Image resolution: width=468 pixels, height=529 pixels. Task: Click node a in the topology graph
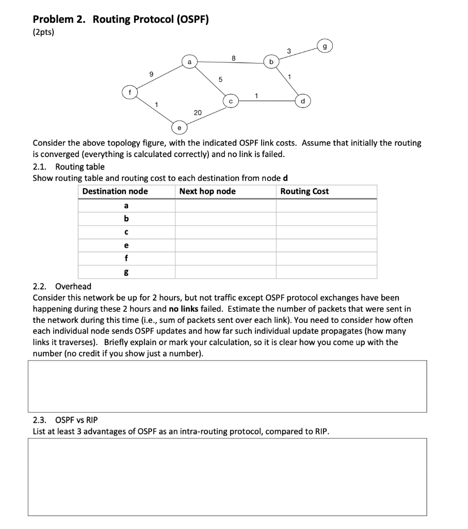189,62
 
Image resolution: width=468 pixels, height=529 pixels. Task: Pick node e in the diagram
179,126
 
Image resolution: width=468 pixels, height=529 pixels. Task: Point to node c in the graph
231,102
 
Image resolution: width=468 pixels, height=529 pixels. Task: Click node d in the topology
303,101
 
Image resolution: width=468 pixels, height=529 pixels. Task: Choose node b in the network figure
271,63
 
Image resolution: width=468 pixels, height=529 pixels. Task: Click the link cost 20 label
198,112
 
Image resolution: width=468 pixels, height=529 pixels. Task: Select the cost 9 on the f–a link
151,74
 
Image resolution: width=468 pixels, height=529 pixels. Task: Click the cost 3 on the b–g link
288,51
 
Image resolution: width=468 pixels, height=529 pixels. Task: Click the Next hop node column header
207,192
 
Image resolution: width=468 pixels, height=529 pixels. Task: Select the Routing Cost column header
304,192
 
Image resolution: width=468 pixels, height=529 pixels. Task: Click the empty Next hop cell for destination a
225,206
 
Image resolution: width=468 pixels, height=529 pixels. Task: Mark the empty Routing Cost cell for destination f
326,258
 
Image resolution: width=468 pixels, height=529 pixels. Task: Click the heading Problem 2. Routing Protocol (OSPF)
121,20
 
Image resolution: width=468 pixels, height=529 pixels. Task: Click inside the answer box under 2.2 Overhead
227,386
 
